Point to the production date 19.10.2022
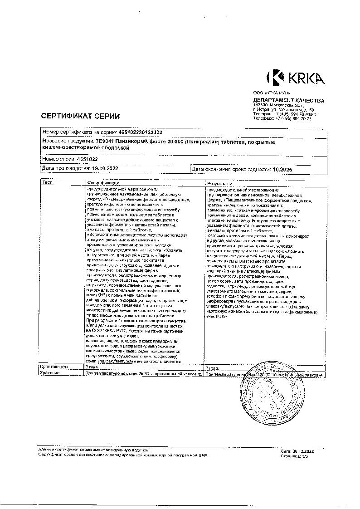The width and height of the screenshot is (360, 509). pyautogui.click(x=106, y=168)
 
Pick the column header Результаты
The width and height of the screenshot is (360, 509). pyautogui.click(x=219, y=182)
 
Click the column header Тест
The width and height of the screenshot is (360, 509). pyautogui.click(x=47, y=182)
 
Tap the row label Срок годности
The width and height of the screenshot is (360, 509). pyautogui.click(x=54, y=367)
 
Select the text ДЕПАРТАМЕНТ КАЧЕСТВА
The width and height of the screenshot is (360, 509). pyautogui.click(x=288, y=100)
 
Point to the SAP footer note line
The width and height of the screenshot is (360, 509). pyautogui.click(x=122, y=454)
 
